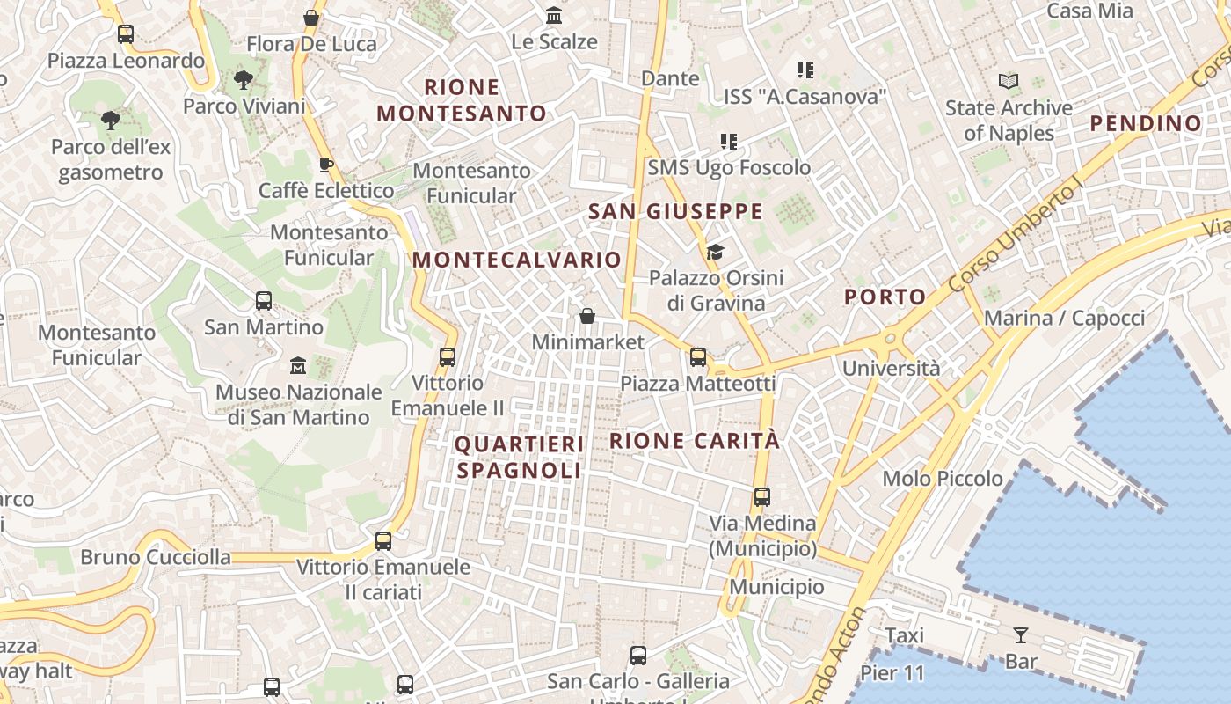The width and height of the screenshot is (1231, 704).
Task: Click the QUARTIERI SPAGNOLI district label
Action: coord(519,458)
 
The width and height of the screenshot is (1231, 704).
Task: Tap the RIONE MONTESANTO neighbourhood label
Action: coord(462,100)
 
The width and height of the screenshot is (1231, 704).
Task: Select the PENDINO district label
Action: coord(1145,123)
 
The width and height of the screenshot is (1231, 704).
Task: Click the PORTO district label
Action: coord(885,297)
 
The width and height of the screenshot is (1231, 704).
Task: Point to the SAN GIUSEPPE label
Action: coord(675,211)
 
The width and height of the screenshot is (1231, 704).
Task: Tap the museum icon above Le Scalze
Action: coord(554,16)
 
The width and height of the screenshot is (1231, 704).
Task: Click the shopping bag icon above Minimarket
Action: coord(587,316)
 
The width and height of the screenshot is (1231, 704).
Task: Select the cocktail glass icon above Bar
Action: coord(1020,634)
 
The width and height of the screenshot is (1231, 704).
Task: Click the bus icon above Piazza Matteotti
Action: coord(698,356)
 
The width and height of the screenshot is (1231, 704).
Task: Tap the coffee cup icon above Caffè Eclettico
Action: coord(325,165)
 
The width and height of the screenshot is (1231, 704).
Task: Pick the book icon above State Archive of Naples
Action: coord(1009,82)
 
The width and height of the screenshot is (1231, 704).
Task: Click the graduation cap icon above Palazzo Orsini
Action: coord(715,253)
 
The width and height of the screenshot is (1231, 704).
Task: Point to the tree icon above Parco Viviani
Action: coord(244,80)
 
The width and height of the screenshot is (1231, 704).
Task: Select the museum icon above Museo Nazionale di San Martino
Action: coord(298,365)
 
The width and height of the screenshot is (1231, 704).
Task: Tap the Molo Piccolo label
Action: coord(943,479)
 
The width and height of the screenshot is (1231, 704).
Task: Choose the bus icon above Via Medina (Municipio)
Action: coord(762,497)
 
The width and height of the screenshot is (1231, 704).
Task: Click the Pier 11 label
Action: coord(892,674)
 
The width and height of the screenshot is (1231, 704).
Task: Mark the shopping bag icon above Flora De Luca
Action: coord(311,18)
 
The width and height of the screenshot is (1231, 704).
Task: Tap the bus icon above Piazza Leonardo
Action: coord(126,35)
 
